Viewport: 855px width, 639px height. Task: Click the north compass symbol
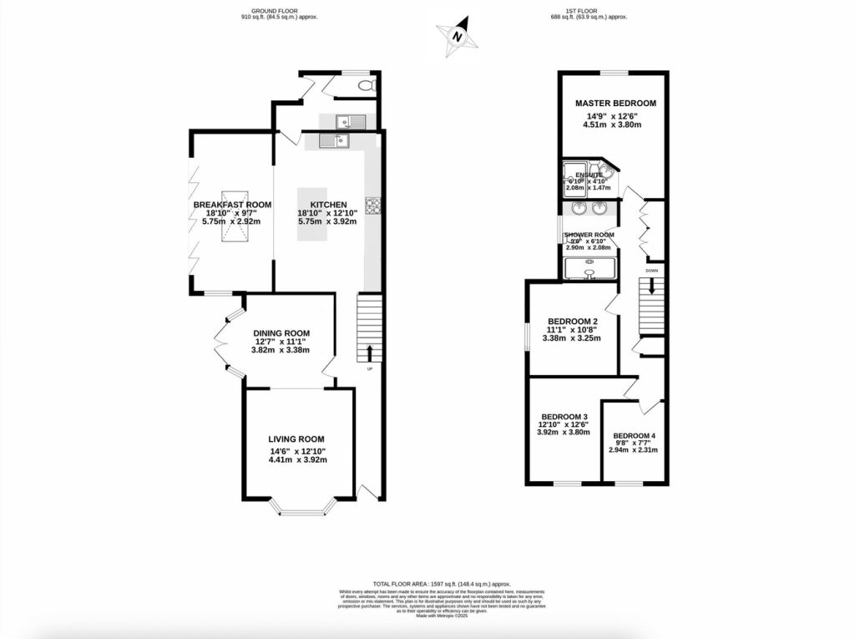456,37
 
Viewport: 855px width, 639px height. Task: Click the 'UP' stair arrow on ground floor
369,351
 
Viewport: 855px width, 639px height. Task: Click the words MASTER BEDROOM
615,104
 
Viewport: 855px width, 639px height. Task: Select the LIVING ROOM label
296,439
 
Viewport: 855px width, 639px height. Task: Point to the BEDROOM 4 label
635,436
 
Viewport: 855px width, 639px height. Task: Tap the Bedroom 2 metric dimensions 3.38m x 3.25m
572,338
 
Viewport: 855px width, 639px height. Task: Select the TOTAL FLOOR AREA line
427,584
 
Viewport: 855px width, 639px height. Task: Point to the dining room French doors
222,338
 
